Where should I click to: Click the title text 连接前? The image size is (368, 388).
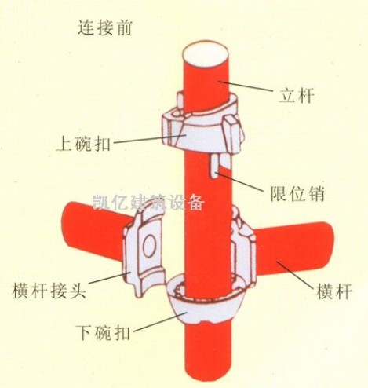point(104,27)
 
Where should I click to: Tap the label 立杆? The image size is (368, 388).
point(296,95)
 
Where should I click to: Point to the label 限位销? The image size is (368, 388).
point(297,194)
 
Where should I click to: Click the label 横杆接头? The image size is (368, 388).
point(49,290)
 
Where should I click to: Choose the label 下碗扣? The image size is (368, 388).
point(104,331)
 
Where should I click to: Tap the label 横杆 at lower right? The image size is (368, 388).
point(334,291)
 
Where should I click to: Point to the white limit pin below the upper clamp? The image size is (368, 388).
point(215,166)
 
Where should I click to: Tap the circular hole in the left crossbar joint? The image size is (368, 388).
point(149,244)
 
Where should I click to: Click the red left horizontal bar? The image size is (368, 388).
point(94,230)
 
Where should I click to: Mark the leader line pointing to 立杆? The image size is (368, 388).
point(245,86)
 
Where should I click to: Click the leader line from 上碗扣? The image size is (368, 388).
point(150,139)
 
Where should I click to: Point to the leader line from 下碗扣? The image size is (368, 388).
point(160,321)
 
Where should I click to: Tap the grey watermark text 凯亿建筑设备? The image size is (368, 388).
point(148,203)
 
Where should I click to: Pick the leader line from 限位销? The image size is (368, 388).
point(239,181)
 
